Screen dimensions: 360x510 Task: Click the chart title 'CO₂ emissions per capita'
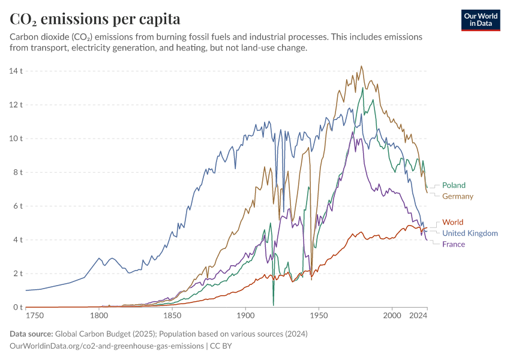[95, 19]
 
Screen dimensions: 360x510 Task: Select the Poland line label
[454, 185]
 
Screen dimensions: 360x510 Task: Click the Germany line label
[457, 196]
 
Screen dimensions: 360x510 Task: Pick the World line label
[452, 223]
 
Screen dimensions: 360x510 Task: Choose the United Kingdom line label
[470, 233]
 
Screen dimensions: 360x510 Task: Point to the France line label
[454, 244]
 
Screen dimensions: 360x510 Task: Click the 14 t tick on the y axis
[17, 71]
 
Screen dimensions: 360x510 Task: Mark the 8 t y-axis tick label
[17, 172]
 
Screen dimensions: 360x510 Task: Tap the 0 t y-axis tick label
[17, 307]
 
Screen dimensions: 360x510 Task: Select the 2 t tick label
[17, 274]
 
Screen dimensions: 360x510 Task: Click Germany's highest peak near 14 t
[361, 67]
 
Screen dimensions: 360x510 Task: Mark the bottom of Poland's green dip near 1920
[273, 305]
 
